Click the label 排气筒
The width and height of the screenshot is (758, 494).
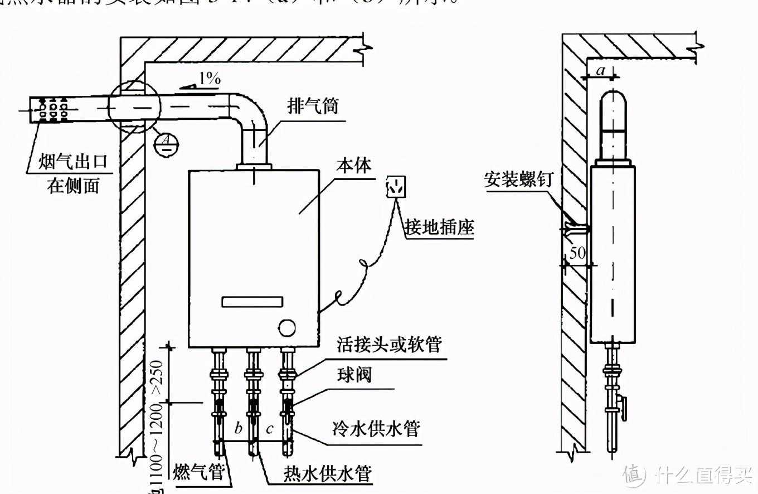(313, 105)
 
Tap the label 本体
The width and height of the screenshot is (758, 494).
(354, 166)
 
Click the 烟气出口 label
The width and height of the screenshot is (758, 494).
(72, 163)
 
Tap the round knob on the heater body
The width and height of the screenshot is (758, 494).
(287, 327)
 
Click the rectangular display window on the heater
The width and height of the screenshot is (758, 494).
(252, 302)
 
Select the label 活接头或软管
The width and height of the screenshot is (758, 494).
(388, 345)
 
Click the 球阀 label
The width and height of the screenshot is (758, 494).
(354, 375)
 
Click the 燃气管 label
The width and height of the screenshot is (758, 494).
(199, 472)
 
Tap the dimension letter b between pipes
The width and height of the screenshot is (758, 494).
(238, 429)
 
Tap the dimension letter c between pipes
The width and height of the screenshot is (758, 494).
(269, 429)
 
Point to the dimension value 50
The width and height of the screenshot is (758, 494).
(577, 253)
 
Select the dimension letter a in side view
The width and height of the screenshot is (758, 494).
(600, 71)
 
